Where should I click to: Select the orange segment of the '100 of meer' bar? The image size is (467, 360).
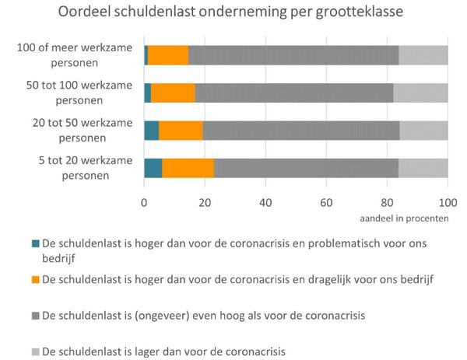click(168, 55)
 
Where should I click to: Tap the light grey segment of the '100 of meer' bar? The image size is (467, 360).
click(423, 55)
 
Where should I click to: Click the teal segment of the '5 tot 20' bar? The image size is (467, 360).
click(153, 168)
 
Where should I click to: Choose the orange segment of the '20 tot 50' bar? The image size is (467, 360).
click(181, 130)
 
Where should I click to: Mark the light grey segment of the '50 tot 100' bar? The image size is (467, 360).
click(420, 93)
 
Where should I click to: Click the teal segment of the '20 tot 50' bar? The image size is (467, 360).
click(151, 130)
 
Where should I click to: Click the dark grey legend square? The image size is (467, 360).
click(34, 316)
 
